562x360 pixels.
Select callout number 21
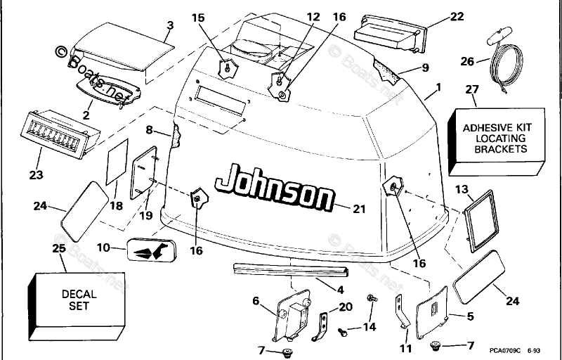coord(359,208)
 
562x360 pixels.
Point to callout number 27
coord(472,89)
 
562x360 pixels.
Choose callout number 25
coord(60,249)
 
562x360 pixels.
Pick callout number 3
coord(169,26)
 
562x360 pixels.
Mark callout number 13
coord(461,189)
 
